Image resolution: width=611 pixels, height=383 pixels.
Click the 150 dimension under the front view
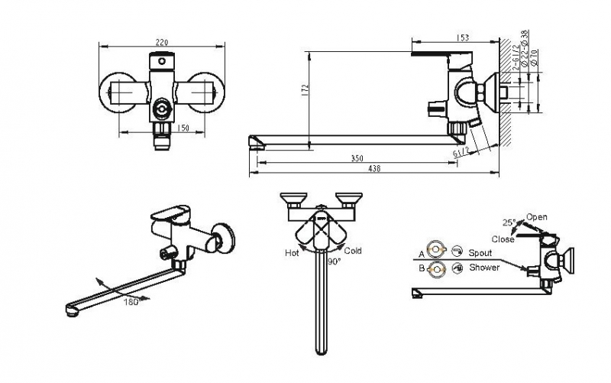(x=183, y=128)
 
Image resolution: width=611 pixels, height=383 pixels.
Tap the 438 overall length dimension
(x=375, y=169)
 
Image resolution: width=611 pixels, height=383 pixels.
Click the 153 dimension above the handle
(x=463, y=37)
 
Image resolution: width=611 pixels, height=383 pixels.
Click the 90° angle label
(x=334, y=261)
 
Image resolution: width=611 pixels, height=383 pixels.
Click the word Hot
(x=292, y=252)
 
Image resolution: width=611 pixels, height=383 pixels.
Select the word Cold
(x=353, y=251)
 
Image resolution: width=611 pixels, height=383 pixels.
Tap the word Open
(x=537, y=217)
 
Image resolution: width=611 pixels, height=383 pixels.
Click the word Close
(x=503, y=239)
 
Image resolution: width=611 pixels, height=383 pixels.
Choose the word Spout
(x=480, y=252)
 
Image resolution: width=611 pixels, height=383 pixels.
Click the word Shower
(x=484, y=268)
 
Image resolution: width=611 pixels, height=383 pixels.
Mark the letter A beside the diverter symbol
(x=421, y=253)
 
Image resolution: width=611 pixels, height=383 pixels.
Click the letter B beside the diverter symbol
(x=421, y=268)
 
